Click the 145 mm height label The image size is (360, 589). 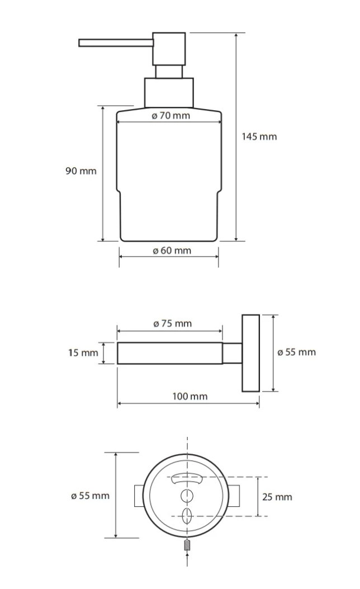(x=259, y=136)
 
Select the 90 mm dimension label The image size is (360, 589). (x=80, y=171)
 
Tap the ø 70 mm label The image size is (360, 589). (x=171, y=115)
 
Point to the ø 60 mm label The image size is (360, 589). (x=172, y=251)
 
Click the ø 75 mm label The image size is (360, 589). (x=173, y=323)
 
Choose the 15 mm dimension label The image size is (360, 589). (x=83, y=353)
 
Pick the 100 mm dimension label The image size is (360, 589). (x=190, y=396)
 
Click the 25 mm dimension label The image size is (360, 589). (x=277, y=497)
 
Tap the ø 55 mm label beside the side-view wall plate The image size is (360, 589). (x=297, y=352)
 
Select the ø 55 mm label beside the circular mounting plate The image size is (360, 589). (x=90, y=496)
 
